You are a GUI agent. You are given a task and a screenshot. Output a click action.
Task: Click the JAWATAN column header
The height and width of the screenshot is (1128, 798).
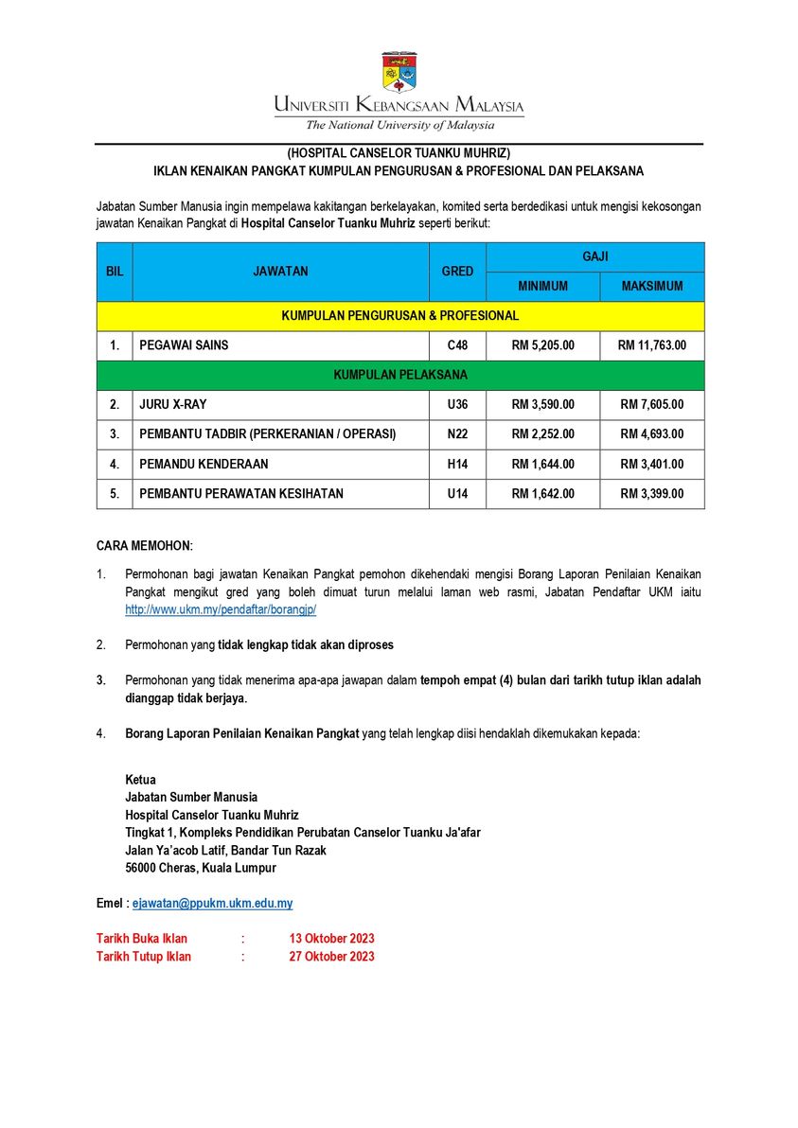(280, 272)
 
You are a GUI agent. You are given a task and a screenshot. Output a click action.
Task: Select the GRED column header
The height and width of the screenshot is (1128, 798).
(457, 272)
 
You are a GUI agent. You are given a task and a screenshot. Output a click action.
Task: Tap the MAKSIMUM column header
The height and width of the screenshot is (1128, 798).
(651, 287)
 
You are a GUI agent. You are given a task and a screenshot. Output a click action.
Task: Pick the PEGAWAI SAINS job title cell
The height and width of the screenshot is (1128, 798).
(184, 345)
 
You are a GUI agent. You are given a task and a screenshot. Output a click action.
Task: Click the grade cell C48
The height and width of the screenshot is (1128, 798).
(457, 345)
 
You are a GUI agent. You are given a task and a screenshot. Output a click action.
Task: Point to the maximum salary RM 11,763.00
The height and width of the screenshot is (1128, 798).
(651, 345)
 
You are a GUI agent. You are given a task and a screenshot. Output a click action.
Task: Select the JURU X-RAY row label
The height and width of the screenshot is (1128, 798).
(173, 405)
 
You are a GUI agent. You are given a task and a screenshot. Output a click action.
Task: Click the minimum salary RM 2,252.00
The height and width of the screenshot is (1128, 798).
(542, 434)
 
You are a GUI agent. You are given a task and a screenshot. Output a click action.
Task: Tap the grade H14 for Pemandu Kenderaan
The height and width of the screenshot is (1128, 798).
(457, 464)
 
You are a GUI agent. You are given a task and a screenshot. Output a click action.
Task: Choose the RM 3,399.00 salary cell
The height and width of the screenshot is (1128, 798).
(651, 494)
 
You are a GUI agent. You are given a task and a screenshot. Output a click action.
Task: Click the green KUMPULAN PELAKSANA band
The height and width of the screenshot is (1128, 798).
(400, 376)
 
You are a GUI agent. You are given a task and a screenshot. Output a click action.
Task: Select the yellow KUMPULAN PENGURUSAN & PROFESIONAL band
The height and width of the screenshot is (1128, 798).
(400, 316)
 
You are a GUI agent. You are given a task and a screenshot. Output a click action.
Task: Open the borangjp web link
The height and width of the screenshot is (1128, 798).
(221, 610)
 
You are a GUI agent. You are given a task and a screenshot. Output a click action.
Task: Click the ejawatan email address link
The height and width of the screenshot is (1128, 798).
(212, 904)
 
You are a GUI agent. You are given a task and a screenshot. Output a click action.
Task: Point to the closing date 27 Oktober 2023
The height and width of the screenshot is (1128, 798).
(331, 957)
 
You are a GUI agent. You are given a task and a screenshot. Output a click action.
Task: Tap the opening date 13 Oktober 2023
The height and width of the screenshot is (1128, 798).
(331, 939)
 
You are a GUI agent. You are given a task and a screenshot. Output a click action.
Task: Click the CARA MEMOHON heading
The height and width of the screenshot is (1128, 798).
(144, 546)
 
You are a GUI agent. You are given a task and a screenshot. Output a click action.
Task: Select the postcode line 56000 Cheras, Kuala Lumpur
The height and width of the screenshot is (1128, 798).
(201, 868)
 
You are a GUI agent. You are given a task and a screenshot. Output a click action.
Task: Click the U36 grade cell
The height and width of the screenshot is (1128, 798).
(457, 405)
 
